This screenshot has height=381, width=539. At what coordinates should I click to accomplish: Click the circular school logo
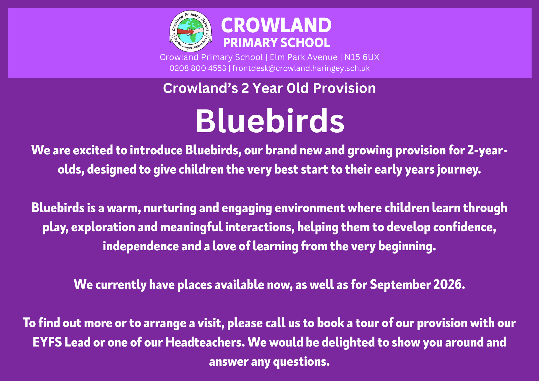[191, 31]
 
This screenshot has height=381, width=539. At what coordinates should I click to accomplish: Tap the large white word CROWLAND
[276, 25]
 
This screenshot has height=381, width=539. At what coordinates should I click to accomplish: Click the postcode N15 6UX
[362, 57]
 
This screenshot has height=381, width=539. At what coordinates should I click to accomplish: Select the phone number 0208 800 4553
[198, 68]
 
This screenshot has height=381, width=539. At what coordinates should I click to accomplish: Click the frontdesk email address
[301, 68]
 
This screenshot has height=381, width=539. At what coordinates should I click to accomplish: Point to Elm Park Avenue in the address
[304, 57]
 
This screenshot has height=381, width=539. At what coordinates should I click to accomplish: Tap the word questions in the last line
[301, 362]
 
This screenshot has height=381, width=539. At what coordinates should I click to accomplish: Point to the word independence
[141, 246]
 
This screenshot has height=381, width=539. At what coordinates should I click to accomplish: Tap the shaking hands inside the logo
[190, 32]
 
